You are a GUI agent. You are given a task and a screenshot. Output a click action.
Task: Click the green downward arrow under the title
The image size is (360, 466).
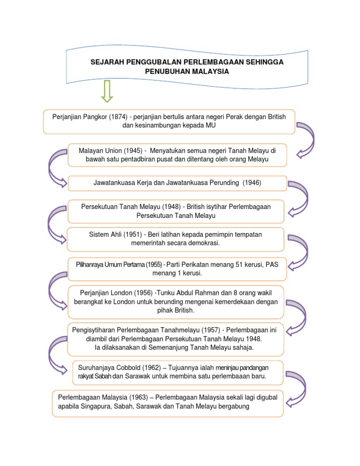(x=107, y=91)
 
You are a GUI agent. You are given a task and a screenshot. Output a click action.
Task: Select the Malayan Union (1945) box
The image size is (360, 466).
(x=176, y=155)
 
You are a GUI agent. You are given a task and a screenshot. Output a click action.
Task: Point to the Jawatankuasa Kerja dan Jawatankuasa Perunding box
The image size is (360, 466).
(x=176, y=183)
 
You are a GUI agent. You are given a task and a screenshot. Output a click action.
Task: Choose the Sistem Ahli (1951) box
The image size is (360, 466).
(x=175, y=239)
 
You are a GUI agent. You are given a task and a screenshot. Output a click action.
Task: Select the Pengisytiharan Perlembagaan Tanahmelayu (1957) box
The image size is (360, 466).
(x=175, y=339)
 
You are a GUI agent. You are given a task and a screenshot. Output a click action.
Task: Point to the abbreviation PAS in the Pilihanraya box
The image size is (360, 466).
(x=271, y=265)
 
